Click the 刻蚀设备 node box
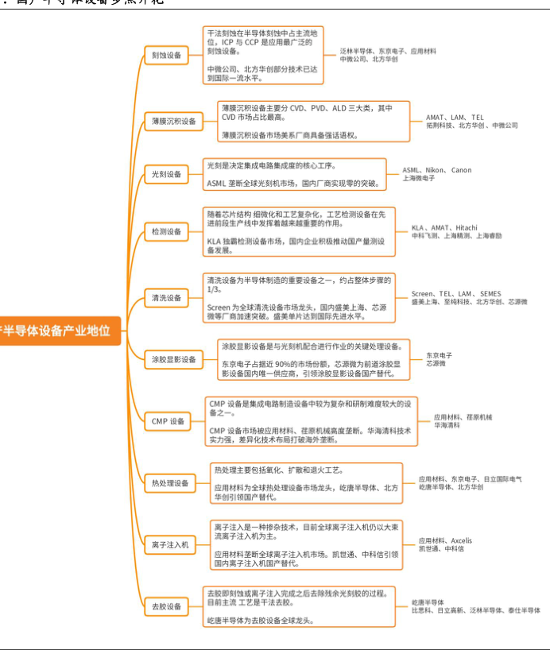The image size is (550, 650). pos(167,55)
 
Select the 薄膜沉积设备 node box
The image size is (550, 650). pos(174,121)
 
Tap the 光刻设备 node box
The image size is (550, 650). pos(167,174)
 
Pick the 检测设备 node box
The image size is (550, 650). pos(167,232)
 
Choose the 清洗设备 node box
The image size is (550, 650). pos(167,298)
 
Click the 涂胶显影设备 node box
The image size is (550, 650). pos(174,359)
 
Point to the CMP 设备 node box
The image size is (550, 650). pos(168,420)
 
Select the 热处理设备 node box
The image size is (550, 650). pos(170,482)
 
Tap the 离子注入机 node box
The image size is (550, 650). pos(170,544)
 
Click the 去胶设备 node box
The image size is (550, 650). pos(167,606)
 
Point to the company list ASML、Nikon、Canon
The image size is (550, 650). pos(436,170)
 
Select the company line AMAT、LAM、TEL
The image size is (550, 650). pos(454,117)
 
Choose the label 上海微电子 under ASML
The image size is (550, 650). pos(418,179)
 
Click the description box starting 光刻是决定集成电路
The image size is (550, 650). pos(294,174)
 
